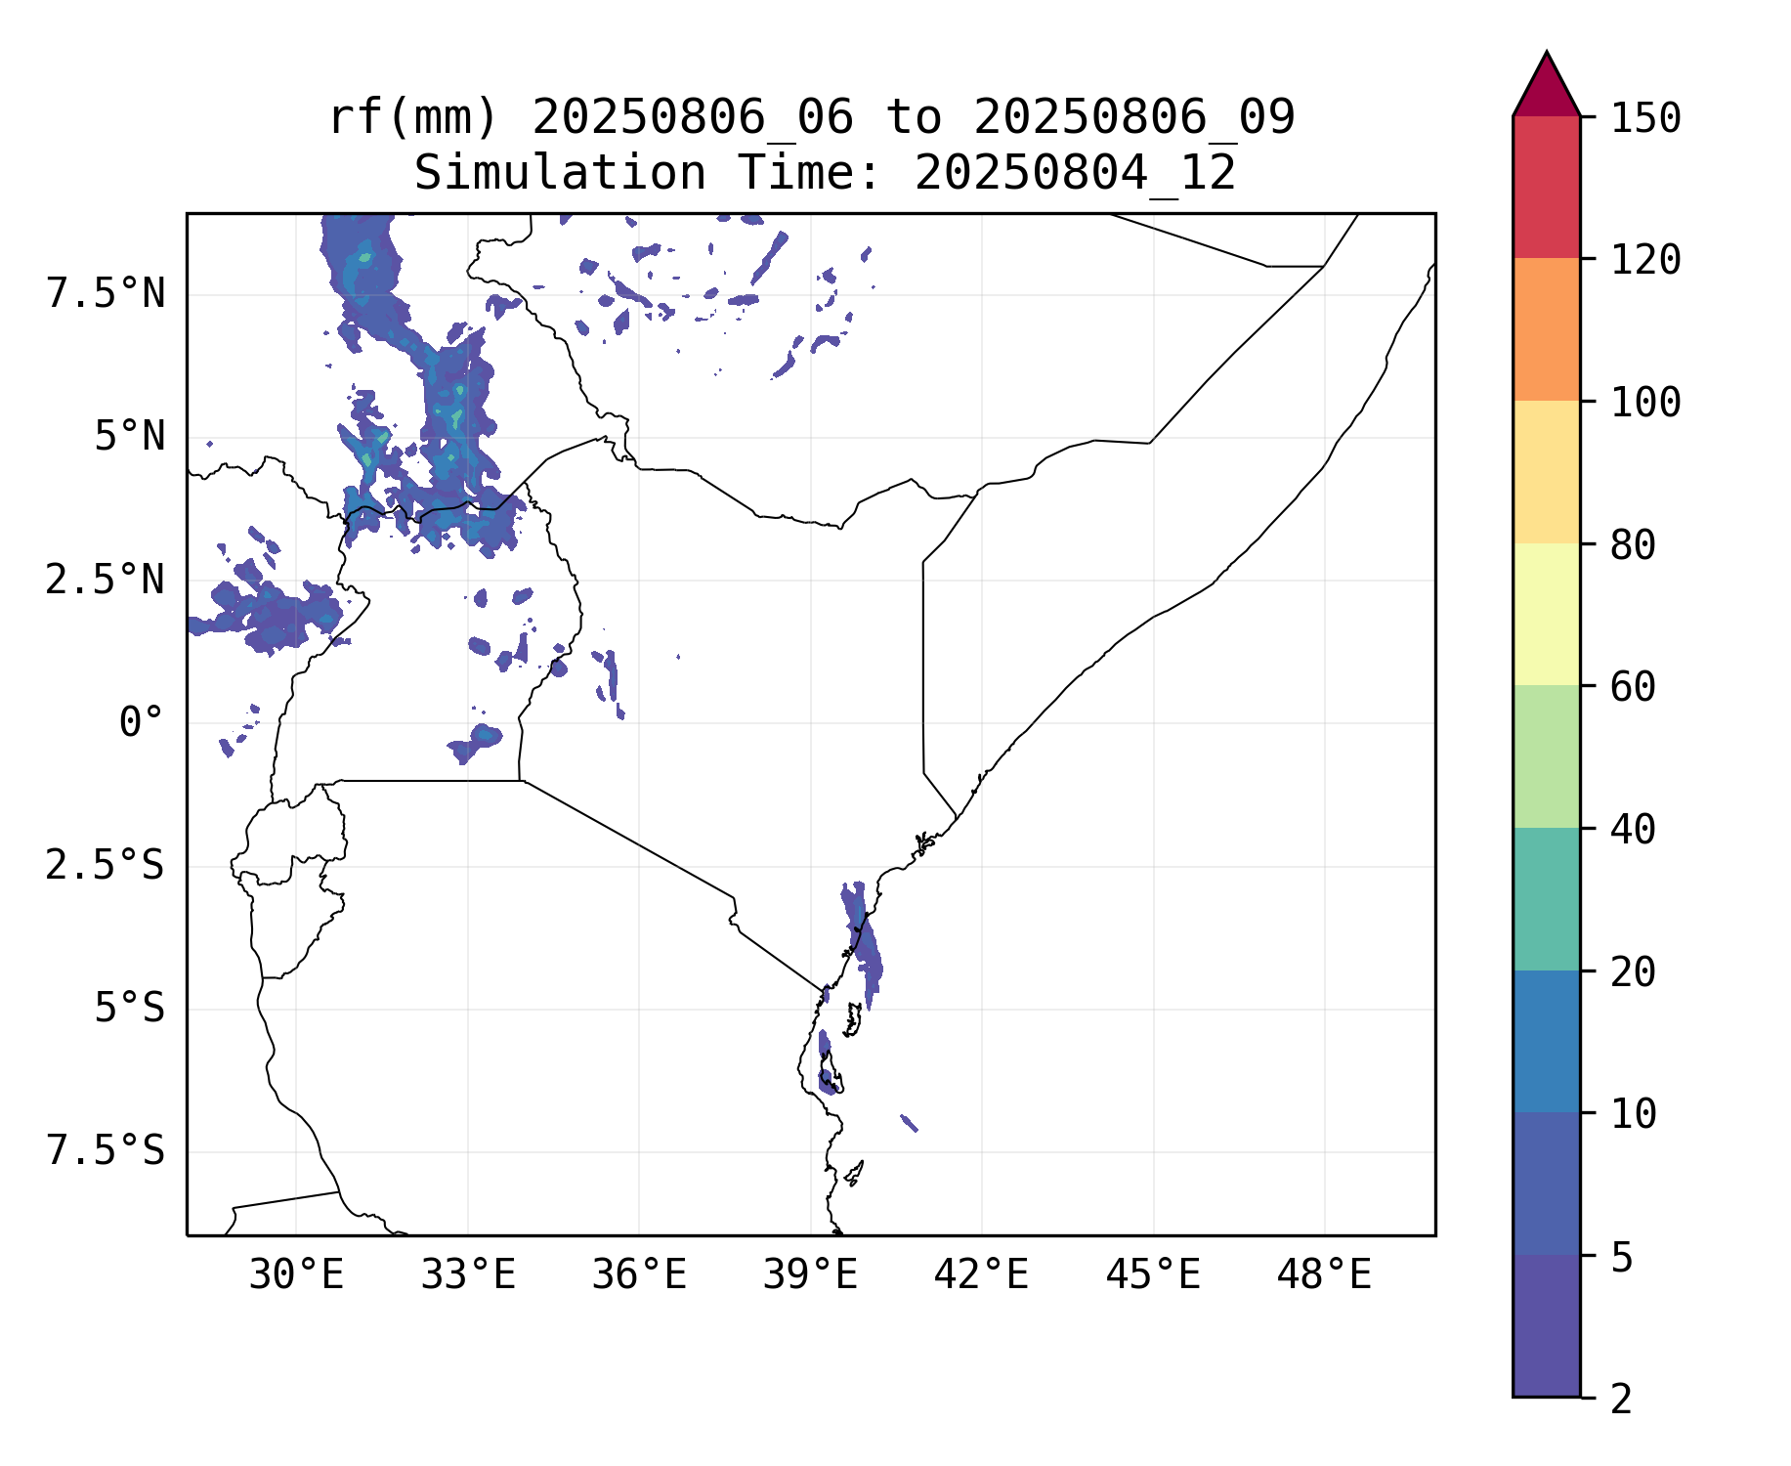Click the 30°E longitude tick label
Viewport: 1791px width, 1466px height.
pyautogui.click(x=296, y=1275)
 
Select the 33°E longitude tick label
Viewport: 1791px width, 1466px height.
pyautogui.click(x=468, y=1275)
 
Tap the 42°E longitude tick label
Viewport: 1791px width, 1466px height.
pyautogui.click(x=981, y=1275)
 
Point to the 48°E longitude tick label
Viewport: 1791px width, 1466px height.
pyautogui.click(x=1324, y=1275)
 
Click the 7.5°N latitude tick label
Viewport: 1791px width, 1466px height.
pyautogui.click(x=106, y=293)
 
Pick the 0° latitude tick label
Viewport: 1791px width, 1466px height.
pyautogui.click(x=141, y=723)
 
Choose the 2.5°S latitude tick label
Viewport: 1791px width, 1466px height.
pyautogui.click(x=106, y=866)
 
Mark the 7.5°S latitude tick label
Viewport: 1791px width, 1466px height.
pyautogui.click(x=106, y=1151)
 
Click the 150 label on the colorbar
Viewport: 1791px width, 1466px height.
pyautogui.click(x=1645, y=118)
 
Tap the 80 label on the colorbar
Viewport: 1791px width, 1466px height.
pyautogui.click(x=1633, y=545)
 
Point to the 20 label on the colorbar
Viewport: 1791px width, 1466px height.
pyautogui.click(x=1633, y=972)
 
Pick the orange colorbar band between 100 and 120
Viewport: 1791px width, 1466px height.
pyautogui.click(x=1546, y=329)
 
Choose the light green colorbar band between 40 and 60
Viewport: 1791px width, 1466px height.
pyautogui.click(x=1546, y=756)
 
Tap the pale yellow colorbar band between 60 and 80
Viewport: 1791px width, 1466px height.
pyautogui.click(x=1546, y=614)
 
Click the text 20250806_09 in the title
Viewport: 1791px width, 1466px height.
pyautogui.click(x=1133, y=117)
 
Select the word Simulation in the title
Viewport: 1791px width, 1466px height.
pyautogui.click(x=560, y=173)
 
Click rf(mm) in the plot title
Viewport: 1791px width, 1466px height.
pyautogui.click(x=413, y=117)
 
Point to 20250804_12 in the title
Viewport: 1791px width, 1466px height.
pyautogui.click(x=1075, y=173)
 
